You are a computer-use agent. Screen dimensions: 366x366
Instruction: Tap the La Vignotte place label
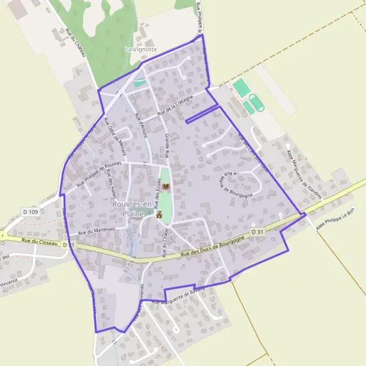click(140, 49)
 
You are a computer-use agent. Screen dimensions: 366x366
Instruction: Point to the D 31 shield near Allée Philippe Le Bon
click(257, 232)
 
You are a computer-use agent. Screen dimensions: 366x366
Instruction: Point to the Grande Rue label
click(167, 146)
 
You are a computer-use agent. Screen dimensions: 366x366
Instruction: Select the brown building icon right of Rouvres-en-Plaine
click(159, 215)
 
